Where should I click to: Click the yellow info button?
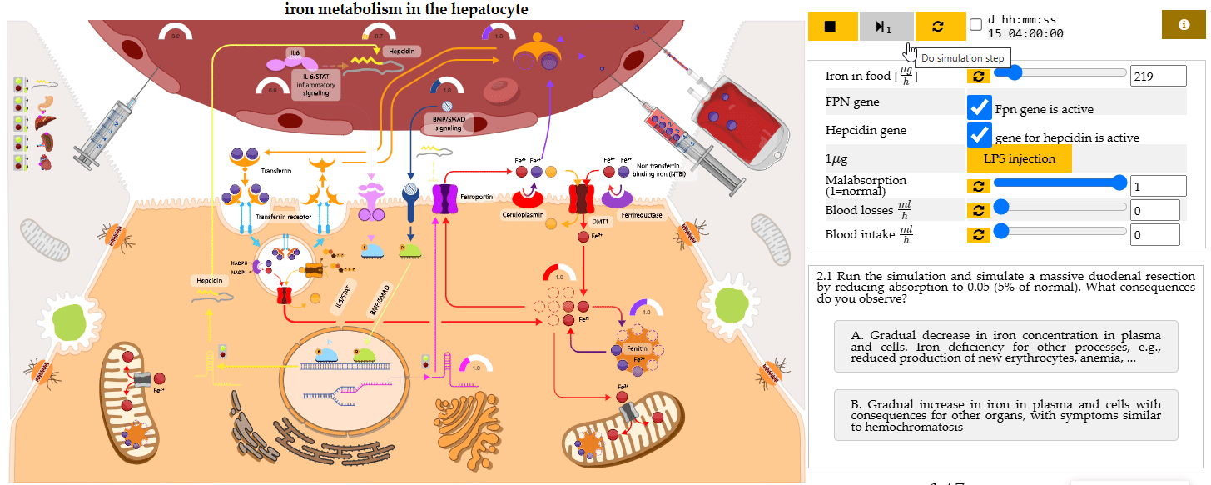1184,25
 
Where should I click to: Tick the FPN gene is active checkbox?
980,108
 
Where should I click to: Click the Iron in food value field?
1158,76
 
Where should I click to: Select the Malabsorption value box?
1158,186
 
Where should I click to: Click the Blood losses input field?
1155,210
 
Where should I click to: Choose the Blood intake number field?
1155,235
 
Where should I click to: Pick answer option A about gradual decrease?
1005,346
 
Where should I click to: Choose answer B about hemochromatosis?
1005,414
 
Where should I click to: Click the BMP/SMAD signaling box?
448,123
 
